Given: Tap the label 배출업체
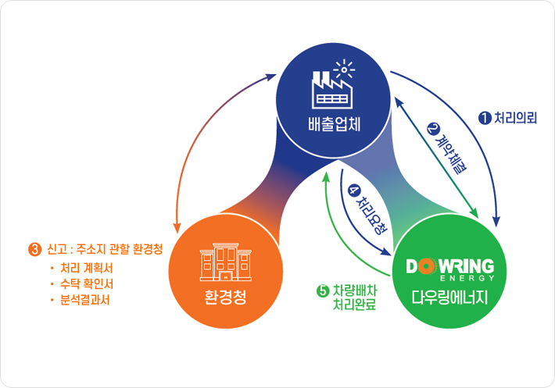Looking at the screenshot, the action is point(334,124).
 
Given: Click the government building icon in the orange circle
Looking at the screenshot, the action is point(225,262).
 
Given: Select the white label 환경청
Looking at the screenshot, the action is point(225,297).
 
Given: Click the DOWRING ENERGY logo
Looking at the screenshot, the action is point(450,270).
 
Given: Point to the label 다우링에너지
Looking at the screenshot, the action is point(449,297).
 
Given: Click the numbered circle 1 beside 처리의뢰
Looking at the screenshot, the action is point(485,118).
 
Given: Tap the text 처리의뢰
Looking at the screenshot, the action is point(515,118).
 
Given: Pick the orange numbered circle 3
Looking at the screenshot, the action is point(34,250).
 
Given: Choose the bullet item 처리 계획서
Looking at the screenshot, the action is point(86,269).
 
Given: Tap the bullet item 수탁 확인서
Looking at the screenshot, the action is point(86,284).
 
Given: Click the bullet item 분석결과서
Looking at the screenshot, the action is point(85,300).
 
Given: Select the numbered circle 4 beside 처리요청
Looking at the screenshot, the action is point(353,190).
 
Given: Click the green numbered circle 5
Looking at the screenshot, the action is point(323,291).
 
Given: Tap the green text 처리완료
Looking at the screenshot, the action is point(354,304).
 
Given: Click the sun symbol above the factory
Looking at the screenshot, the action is point(344,69).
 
